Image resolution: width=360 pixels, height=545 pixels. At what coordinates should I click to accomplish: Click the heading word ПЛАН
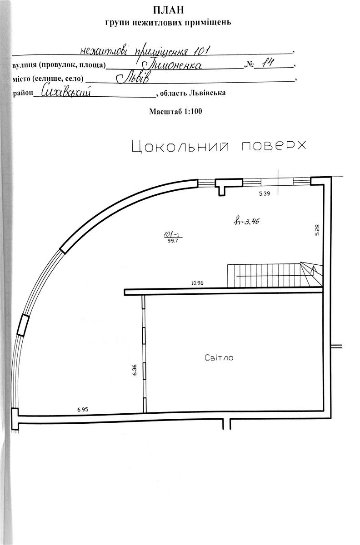pos(169,10)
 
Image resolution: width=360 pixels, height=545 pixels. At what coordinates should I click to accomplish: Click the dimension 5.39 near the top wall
pos(264,194)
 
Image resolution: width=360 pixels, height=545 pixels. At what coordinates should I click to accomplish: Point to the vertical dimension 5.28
pos(317,230)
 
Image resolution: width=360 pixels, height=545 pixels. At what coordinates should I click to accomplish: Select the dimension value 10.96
pos(197,283)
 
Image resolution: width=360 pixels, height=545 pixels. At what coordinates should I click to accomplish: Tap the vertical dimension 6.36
pos(135,370)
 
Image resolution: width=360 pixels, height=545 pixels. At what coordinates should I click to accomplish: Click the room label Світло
pos(219,358)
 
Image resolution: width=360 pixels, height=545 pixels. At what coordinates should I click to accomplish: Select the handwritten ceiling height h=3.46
pos(246,221)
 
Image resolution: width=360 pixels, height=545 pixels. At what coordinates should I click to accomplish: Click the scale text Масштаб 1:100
pos(175,111)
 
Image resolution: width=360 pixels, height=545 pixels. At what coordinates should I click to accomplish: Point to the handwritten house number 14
pos(268,63)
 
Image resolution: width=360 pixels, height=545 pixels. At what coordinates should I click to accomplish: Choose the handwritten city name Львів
pos(133,78)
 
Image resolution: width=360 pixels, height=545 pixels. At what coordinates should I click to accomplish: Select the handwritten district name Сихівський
pos(66,92)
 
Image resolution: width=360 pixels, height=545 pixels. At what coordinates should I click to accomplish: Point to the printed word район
pos(23,94)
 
